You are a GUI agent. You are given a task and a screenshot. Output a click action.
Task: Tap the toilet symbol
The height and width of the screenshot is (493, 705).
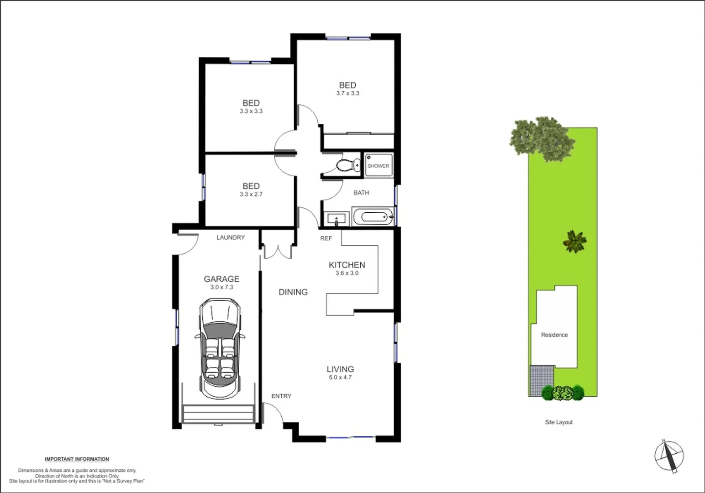[347, 165]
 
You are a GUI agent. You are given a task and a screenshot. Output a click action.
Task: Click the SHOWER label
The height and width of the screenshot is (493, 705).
[378, 166]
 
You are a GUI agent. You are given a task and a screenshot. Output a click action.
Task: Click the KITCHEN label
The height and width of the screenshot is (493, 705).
[347, 265]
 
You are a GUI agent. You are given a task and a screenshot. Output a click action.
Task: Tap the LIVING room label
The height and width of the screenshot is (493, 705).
[340, 369]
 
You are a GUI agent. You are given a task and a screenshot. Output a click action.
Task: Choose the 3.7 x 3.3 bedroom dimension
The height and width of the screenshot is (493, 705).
[347, 93]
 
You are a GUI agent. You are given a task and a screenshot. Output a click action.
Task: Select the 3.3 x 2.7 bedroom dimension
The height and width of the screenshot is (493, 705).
[251, 194]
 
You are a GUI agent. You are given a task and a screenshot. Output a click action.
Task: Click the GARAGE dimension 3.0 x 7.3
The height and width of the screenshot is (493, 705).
[221, 287]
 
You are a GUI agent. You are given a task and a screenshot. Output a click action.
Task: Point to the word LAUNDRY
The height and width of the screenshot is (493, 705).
[231, 237]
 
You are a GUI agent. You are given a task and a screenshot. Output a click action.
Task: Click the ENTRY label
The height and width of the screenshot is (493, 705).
[281, 396]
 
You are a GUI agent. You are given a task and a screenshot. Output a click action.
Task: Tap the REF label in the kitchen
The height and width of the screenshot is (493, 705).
[326, 238]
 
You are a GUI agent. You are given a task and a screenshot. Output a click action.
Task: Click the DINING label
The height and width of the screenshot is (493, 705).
[293, 292]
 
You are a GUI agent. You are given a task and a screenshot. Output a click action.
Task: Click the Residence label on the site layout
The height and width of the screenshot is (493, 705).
[554, 335]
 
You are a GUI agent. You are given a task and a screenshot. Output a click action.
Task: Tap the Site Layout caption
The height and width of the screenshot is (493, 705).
[558, 422]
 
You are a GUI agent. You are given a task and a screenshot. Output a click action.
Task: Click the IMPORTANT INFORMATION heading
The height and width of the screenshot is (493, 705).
[77, 459]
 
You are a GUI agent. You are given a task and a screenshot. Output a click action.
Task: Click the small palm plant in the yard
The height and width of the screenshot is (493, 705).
[575, 241]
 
